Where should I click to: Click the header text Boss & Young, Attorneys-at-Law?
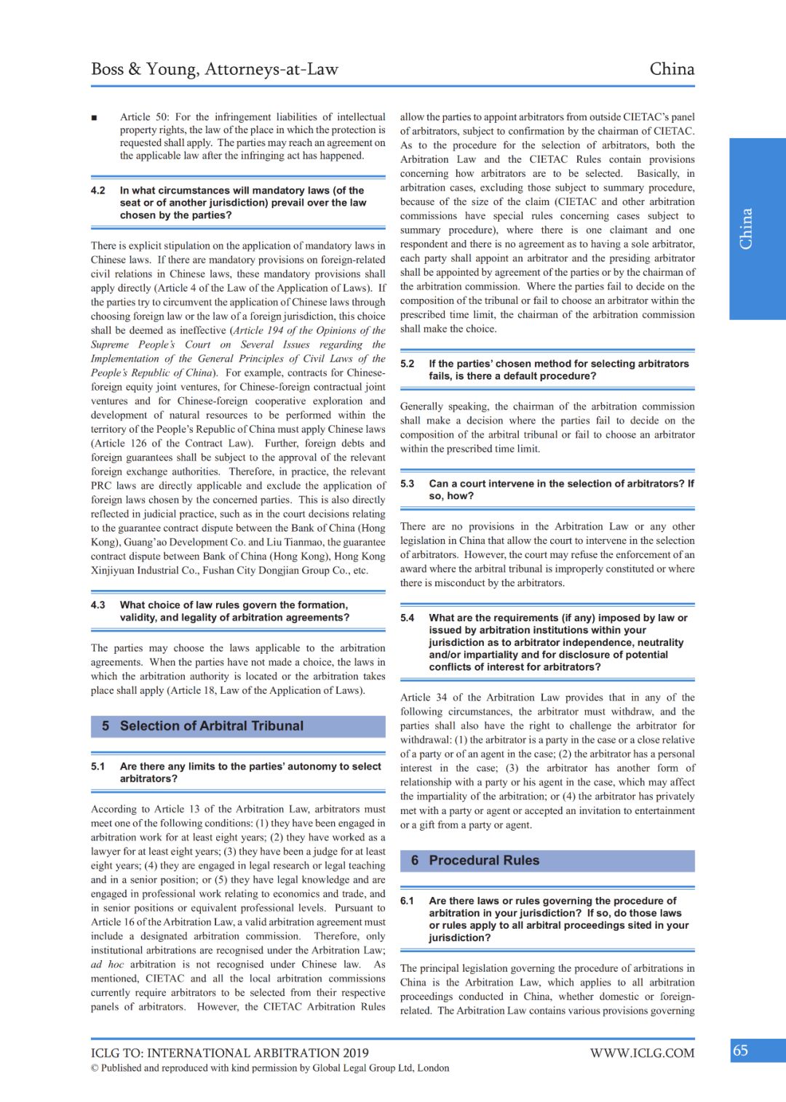point(215,69)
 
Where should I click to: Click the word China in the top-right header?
point(672,69)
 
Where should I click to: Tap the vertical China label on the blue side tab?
point(746,229)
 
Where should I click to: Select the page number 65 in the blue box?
point(740,1050)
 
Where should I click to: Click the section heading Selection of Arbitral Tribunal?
point(212,726)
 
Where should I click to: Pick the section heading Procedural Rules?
point(484,861)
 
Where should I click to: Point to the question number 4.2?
point(98,191)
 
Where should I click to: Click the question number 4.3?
point(98,605)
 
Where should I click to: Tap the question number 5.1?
point(98,767)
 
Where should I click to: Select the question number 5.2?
point(408,364)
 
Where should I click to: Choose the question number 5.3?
point(408,484)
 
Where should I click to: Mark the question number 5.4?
point(408,618)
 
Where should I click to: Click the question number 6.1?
point(408,901)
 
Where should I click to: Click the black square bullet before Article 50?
point(95,118)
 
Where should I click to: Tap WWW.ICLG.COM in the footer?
point(642,1053)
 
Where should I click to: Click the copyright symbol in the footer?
point(95,1069)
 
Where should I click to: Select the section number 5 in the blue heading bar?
point(106,726)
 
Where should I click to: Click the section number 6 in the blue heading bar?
point(415,861)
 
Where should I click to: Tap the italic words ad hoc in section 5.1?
point(108,965)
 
